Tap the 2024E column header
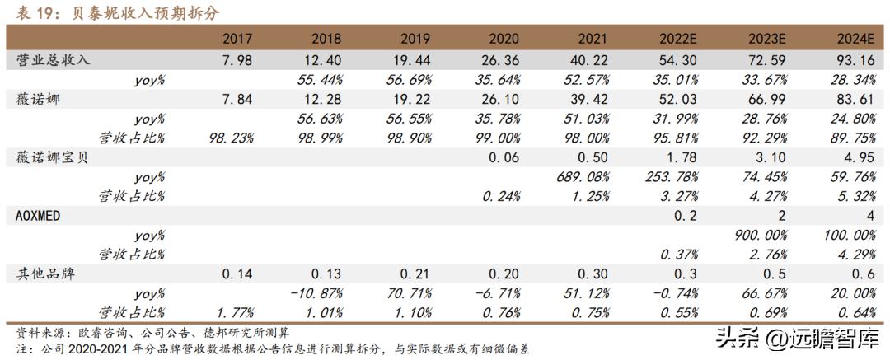pos(855,39)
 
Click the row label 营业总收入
pos(52,60)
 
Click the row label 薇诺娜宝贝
pos(52,157)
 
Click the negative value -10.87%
pos(322,292)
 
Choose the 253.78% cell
pos(677,176)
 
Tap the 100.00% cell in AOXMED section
pos(850,234)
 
